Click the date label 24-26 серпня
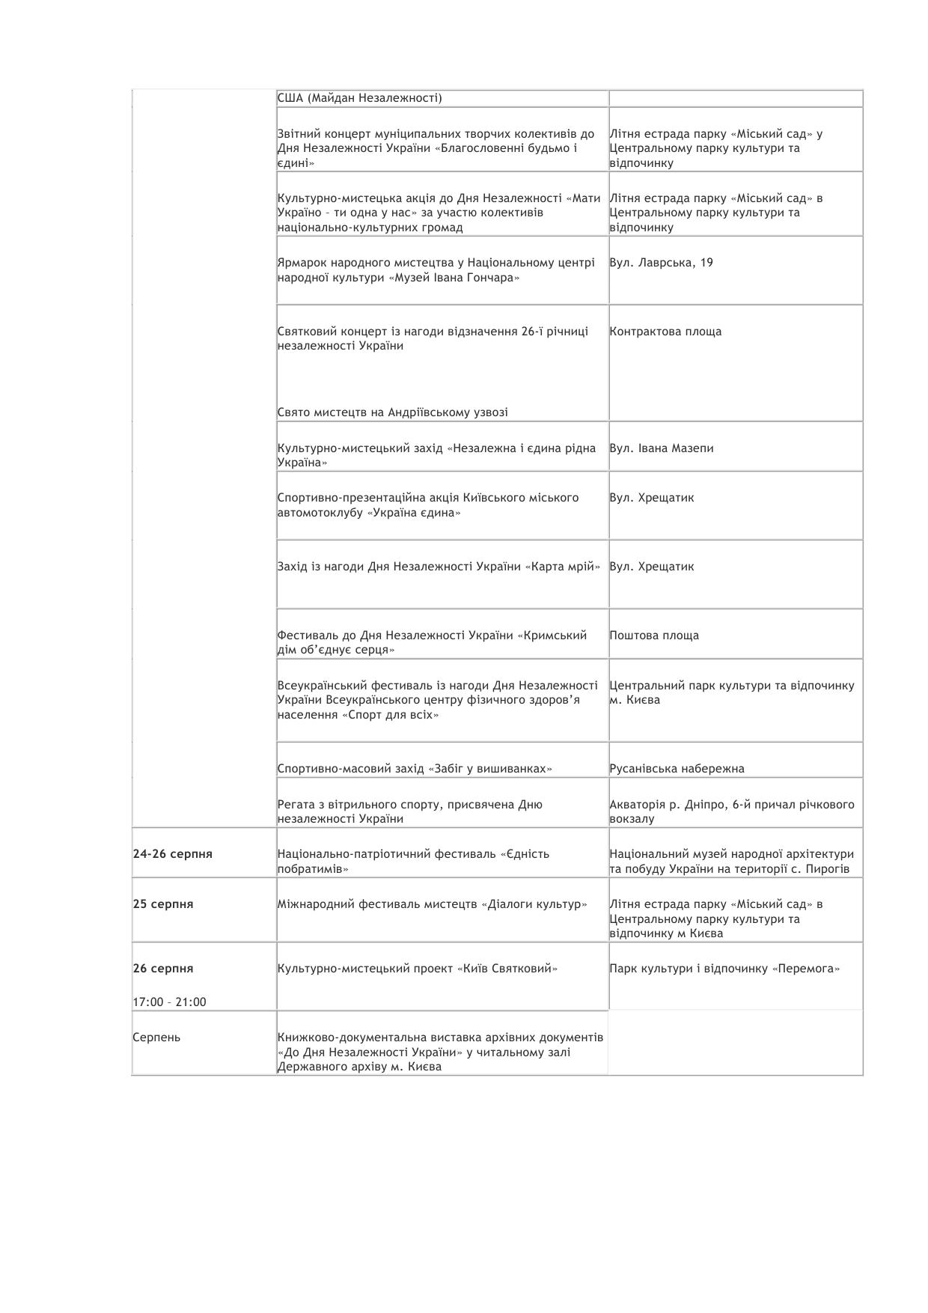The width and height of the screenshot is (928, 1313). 172,854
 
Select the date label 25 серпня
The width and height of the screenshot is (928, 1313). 163,904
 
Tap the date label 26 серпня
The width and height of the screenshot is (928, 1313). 163,969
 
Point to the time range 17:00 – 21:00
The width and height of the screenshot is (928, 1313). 169,1002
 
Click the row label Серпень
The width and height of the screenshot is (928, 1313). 156,1038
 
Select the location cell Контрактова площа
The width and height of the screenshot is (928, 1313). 665,332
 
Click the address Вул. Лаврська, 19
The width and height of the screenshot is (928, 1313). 661,263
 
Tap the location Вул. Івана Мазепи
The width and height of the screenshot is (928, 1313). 661,448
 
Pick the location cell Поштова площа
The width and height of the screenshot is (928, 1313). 654,636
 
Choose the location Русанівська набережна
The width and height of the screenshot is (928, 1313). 677,769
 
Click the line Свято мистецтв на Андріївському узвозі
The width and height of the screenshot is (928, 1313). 392,412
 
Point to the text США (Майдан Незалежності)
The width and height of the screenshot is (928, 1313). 359,98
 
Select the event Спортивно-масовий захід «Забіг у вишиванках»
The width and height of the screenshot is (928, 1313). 415,769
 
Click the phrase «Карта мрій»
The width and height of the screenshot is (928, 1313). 564,567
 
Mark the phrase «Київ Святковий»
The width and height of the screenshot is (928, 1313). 507,969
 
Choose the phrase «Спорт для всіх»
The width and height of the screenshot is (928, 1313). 391,715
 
